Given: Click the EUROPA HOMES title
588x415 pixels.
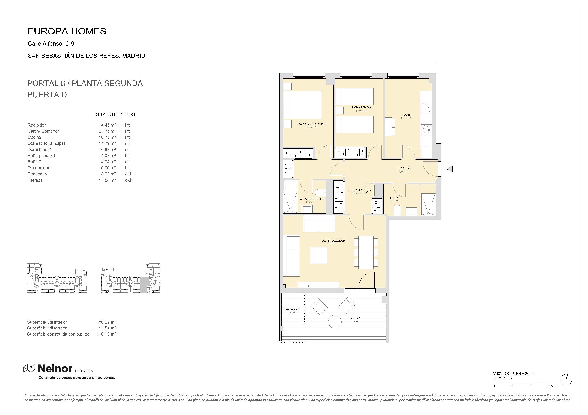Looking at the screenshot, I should point(67,31).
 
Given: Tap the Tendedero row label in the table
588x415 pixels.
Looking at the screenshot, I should point(38,174).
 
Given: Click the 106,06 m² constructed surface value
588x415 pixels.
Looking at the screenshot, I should point(106,334).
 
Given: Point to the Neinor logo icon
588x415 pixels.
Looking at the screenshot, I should point(29,369).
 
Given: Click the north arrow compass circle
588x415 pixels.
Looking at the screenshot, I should point(566,380).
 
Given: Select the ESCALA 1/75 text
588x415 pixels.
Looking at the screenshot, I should point(503,378).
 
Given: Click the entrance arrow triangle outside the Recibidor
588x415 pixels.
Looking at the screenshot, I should point(450,169).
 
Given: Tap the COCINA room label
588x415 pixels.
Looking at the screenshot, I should point(406,115).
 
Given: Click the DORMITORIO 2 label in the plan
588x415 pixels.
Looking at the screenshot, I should point(361,107).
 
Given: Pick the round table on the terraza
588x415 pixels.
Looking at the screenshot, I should point(335,321).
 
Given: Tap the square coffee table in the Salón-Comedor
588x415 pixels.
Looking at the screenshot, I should point(319,255).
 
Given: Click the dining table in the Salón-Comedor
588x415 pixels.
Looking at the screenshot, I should point(366,252).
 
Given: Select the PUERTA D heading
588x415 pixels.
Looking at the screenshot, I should point(47,95).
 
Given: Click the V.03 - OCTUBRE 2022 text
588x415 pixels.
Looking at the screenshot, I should point(513,373).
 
